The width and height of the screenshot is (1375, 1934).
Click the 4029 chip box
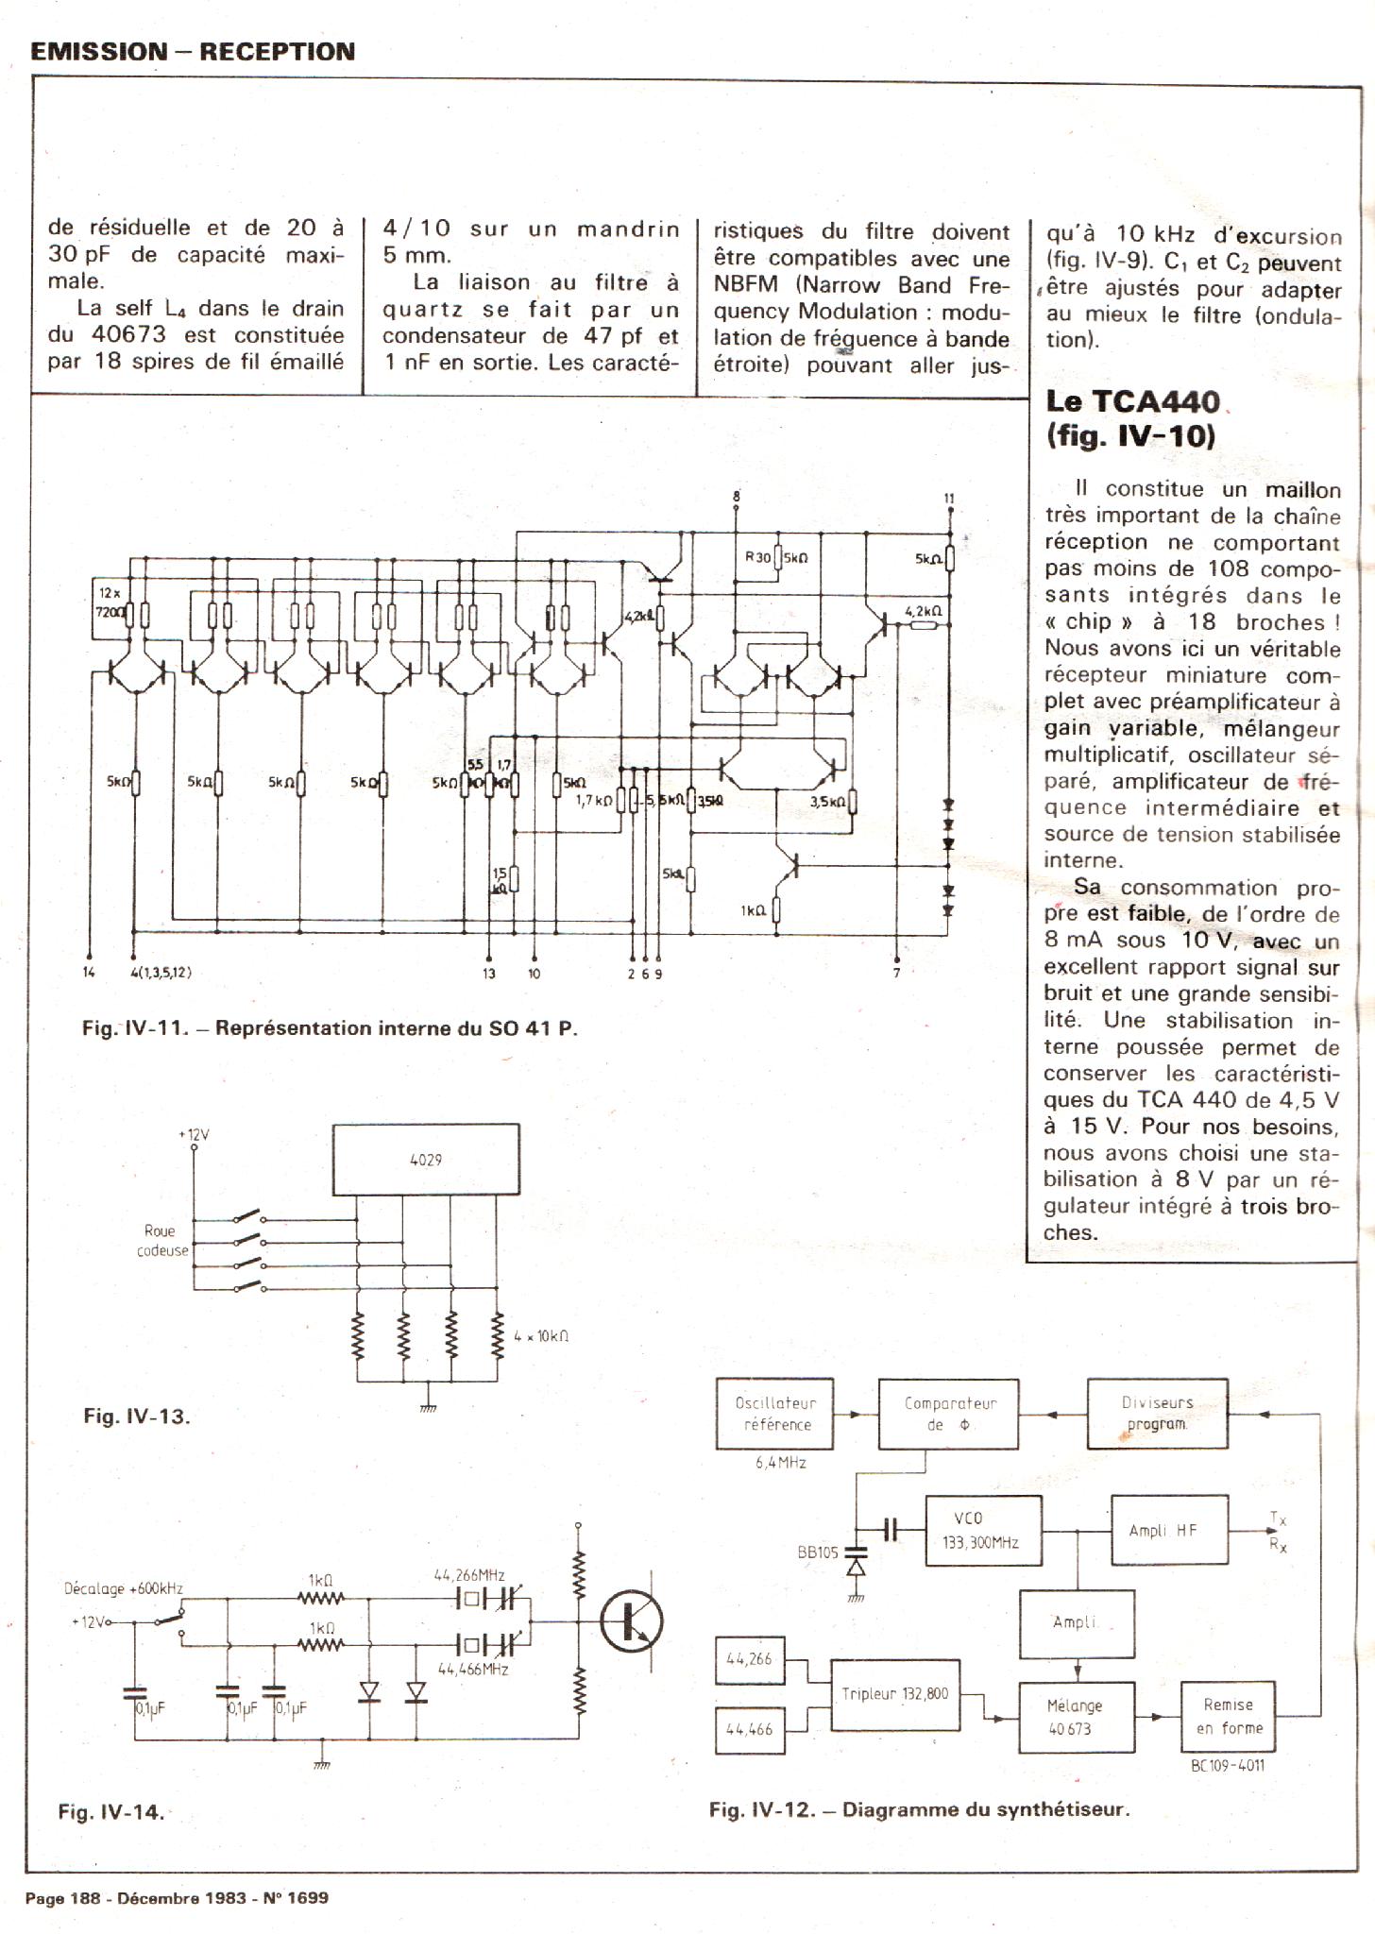[426, 1160]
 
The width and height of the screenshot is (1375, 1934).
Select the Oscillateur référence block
[774, 1414]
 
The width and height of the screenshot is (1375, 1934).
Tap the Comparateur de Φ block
[949, 1414]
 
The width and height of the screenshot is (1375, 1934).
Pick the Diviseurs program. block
[1157, 1413]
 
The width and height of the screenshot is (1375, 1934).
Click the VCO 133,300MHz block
[982, 1530]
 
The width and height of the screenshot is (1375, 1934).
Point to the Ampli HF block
[1169, 1530]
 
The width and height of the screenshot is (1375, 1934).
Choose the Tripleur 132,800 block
[895, 1694]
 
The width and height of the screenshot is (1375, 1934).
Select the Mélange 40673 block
[1077, 1717]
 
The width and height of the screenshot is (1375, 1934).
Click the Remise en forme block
[1228, 1716]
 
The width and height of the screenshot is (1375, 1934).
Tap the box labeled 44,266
[750, 1658]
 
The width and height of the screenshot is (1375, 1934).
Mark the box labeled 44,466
[750, 1730]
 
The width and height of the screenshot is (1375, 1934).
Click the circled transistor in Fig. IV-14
[632, 1620]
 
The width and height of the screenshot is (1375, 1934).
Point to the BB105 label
[818, 1552]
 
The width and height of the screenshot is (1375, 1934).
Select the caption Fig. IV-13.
[137, 1416]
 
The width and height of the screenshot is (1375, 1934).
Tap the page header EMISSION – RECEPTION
[193, 52]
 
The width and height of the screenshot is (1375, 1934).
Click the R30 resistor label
[757, 557]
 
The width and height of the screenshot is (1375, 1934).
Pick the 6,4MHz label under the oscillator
[780, 1463]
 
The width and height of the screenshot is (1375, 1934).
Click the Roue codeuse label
[161, 1241]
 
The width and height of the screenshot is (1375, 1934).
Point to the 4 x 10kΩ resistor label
[541, 1336]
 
